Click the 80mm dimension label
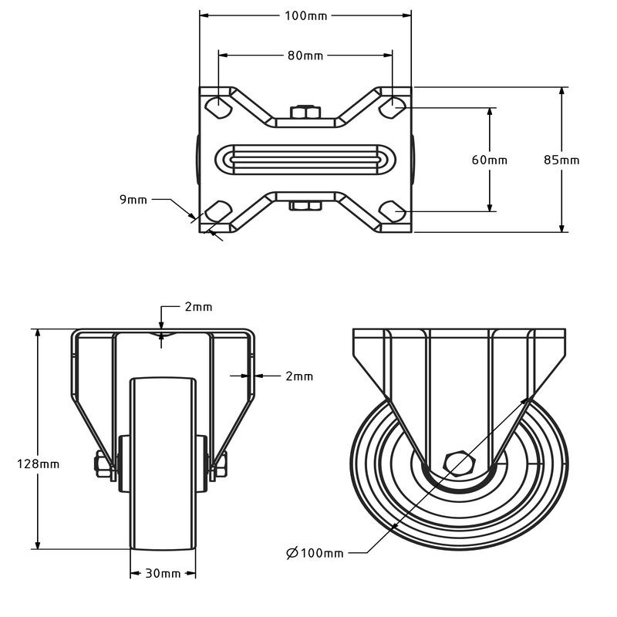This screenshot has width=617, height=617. click(x=305, y=56)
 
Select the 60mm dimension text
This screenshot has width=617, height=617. click(x=490, y=160)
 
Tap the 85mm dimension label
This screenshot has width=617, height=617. click(x=561, y=160)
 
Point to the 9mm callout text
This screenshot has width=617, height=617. click(x=133, y=200)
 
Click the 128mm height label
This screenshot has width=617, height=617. click(x=38, y=464)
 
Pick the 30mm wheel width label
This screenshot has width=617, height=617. click(x=163, y=573)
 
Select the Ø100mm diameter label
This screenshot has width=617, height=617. click(x=315, y=553)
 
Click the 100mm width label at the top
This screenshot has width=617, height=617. click(x=305, y=15)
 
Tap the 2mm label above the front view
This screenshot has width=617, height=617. click(x=199, y=307)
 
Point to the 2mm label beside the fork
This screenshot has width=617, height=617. click(x=299, y=376)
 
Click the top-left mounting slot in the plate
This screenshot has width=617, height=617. click(x=218, y=106)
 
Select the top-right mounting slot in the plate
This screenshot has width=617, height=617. click(x=392, y=106)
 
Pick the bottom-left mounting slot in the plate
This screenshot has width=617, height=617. click(x=218, y=211)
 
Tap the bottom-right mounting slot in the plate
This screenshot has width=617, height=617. click(x=392, y=211)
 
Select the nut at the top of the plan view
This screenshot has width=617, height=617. click(x=305, y=112)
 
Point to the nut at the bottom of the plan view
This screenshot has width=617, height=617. click(x=305, y=206)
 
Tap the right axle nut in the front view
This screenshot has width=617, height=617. click(x=221, y=464)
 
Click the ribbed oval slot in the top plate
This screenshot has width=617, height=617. click(x=305, y=160)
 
